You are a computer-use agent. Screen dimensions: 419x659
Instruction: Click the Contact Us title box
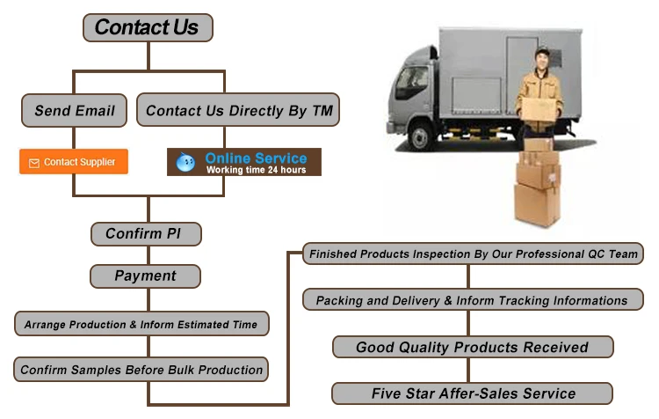click(147, 27)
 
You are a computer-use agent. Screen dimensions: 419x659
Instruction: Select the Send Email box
click(75, 111)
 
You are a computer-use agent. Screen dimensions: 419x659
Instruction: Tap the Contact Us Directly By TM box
click(237, 111)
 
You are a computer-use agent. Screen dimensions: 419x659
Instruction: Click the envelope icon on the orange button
click(34, 163)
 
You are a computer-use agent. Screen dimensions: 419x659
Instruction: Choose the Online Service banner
click(243, 162)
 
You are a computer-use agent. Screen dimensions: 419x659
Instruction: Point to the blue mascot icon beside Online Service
click(186, 163)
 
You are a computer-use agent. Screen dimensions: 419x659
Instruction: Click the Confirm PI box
click(146, 234)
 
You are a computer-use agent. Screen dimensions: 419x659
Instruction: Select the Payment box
click(146, 276)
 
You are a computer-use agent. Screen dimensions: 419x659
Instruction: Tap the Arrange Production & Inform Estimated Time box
click(141, 325)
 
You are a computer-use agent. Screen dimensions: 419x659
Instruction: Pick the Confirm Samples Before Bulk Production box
click(141, 370)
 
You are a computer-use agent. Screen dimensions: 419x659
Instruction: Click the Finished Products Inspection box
click(473, 254)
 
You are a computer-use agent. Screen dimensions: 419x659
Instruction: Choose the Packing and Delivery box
click(472, 300)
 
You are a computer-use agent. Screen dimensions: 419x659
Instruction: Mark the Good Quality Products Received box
click(472, 347)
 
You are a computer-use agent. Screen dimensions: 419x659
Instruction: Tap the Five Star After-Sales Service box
click(472, 393)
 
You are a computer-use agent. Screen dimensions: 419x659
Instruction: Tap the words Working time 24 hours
click(256, 170)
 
